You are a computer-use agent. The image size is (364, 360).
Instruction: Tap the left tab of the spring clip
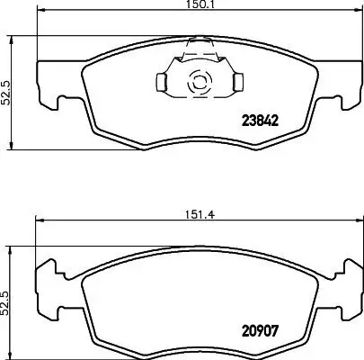pos(161,82)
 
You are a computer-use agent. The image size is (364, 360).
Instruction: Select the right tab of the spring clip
pos(237,83)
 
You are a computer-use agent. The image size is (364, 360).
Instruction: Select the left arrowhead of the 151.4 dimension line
pos(38,221)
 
